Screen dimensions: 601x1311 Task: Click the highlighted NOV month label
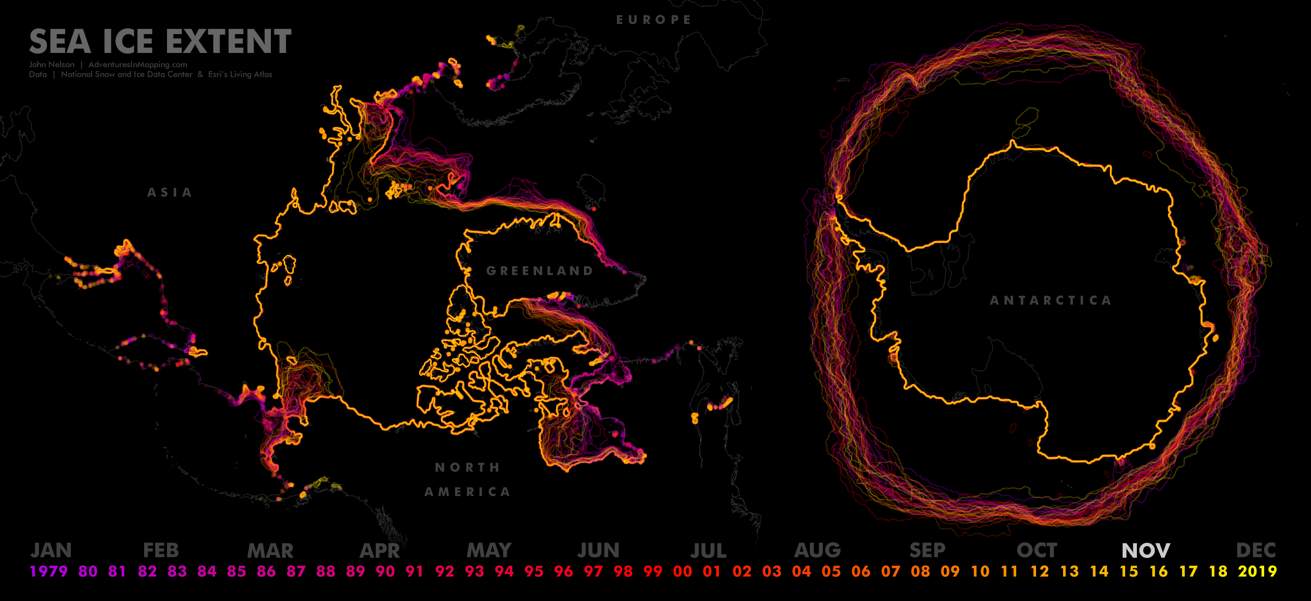tap(1146, 551)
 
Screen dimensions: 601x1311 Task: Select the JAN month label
tap(51, 551)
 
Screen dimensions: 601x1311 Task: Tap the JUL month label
tap(708, 551)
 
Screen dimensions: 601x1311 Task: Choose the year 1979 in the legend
tap(48, 571)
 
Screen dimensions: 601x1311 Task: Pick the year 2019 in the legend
tap(1258, 571)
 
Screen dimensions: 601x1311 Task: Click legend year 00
tap(682, 571)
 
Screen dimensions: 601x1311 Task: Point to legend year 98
tap(623, 571)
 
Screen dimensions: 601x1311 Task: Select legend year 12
tap(1040, 571)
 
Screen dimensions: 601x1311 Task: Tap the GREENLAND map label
tap(540, 271)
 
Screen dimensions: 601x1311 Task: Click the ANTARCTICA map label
tap(1050, 300)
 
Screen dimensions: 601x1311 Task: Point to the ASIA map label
tap(170, 193)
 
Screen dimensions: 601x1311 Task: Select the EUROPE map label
tap(654, 20)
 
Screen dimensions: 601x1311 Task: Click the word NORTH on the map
tap(467, 468)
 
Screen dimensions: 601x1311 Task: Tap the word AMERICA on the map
tap(467, 492)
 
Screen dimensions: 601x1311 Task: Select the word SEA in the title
tap(60, 42)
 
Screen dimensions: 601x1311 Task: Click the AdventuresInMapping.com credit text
tap(137, 65)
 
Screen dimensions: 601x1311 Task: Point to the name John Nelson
tap(51, 65)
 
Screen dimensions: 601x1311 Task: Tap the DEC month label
tap(1256, 551)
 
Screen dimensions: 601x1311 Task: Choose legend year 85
tap(236, 571)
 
